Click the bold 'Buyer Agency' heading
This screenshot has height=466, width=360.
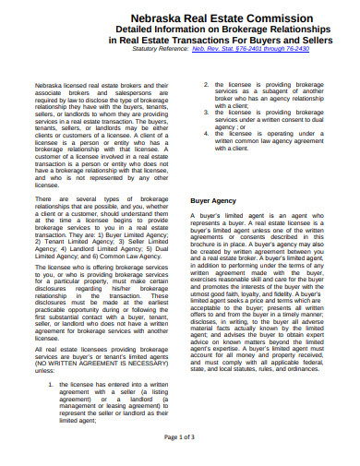pyautogui.click(x=214, y=200)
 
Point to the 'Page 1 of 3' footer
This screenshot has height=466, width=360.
pyautogui.click(x=179, y=436)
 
